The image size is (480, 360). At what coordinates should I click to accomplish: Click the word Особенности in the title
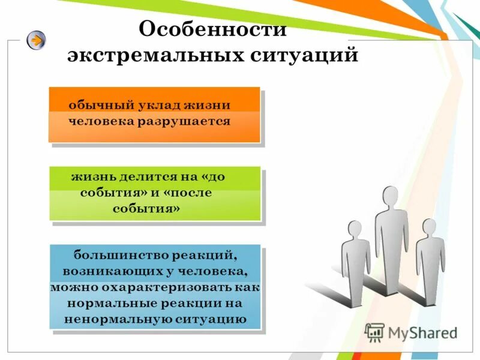(212, 29)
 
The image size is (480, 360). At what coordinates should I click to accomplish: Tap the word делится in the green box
(146, 177)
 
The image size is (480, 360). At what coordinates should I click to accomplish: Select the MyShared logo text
(422, 332)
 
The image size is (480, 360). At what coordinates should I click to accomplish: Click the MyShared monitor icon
(375, 332)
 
